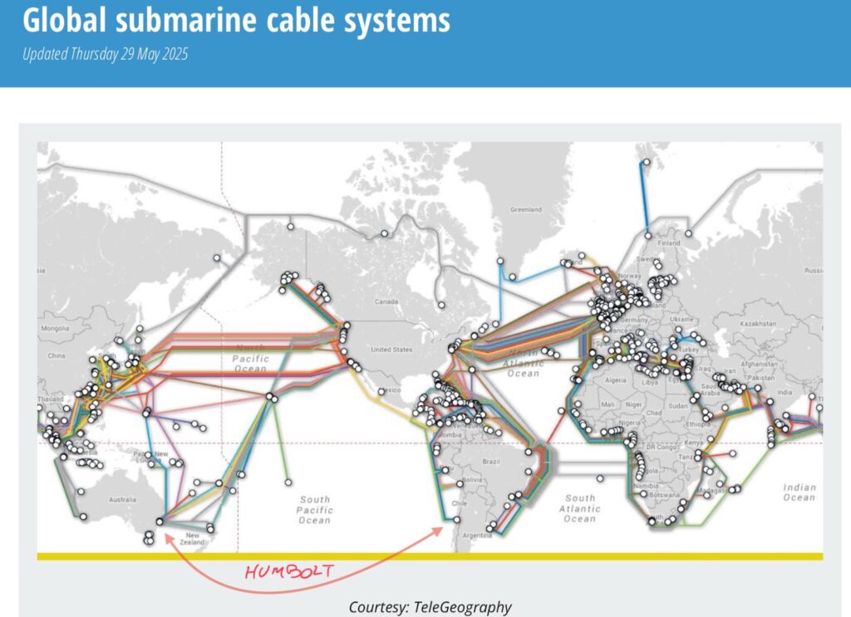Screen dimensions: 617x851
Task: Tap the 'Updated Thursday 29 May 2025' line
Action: pos(106,55)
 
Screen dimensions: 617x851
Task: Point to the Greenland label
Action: pos(525,210)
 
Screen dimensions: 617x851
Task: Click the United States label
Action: pos(391,350)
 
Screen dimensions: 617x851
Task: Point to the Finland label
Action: pos(668,243)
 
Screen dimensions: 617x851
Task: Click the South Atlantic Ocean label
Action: pos(579,507)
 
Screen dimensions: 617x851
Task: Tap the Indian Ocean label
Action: pos(799,492)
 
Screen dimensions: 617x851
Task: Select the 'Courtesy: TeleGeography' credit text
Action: pos(430,607)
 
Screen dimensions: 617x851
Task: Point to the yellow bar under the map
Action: pos(430,556)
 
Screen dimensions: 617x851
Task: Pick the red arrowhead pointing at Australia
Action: pos(168,536)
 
